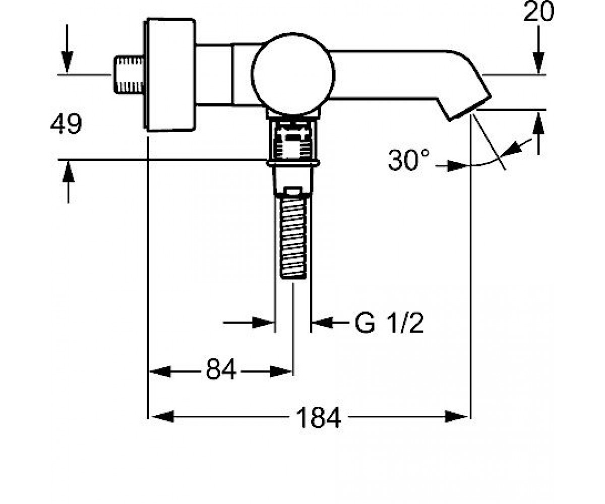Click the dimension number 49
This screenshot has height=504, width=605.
click(66, 123)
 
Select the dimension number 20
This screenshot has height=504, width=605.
click(538, 12)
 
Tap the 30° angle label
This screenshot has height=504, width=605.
click(408, 160)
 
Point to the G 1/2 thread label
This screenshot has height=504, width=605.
click(389, 324)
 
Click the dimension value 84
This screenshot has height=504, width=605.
click(221, 369)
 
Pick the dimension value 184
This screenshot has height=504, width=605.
click(319, 417)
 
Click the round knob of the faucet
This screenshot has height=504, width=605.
click(293, 74)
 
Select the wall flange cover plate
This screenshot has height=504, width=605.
click(170, 75)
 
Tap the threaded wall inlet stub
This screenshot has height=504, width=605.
click(129, 75)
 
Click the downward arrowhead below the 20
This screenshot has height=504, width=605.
click(538, 63)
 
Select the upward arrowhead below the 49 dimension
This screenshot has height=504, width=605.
click(68, 171)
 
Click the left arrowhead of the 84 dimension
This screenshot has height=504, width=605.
click(160, 371)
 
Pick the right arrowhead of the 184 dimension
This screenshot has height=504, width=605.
click(457, 416)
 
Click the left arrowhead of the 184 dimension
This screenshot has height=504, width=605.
click(162, 416)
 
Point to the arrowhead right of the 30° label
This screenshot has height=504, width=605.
click(458, 166)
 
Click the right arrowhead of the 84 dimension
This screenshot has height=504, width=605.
click(281, 371)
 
